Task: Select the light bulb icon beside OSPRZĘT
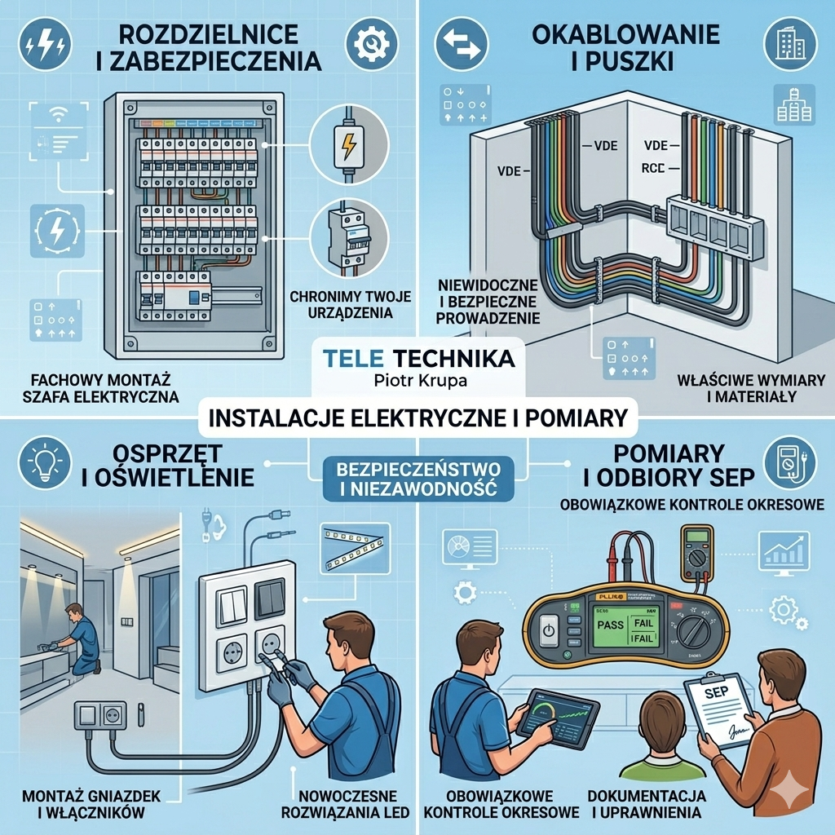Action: coord(42,462)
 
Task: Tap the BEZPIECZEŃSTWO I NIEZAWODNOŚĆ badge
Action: coord(418,479)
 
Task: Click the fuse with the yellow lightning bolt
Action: coord(348,145)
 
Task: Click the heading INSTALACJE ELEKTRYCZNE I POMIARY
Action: coord(417,418)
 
